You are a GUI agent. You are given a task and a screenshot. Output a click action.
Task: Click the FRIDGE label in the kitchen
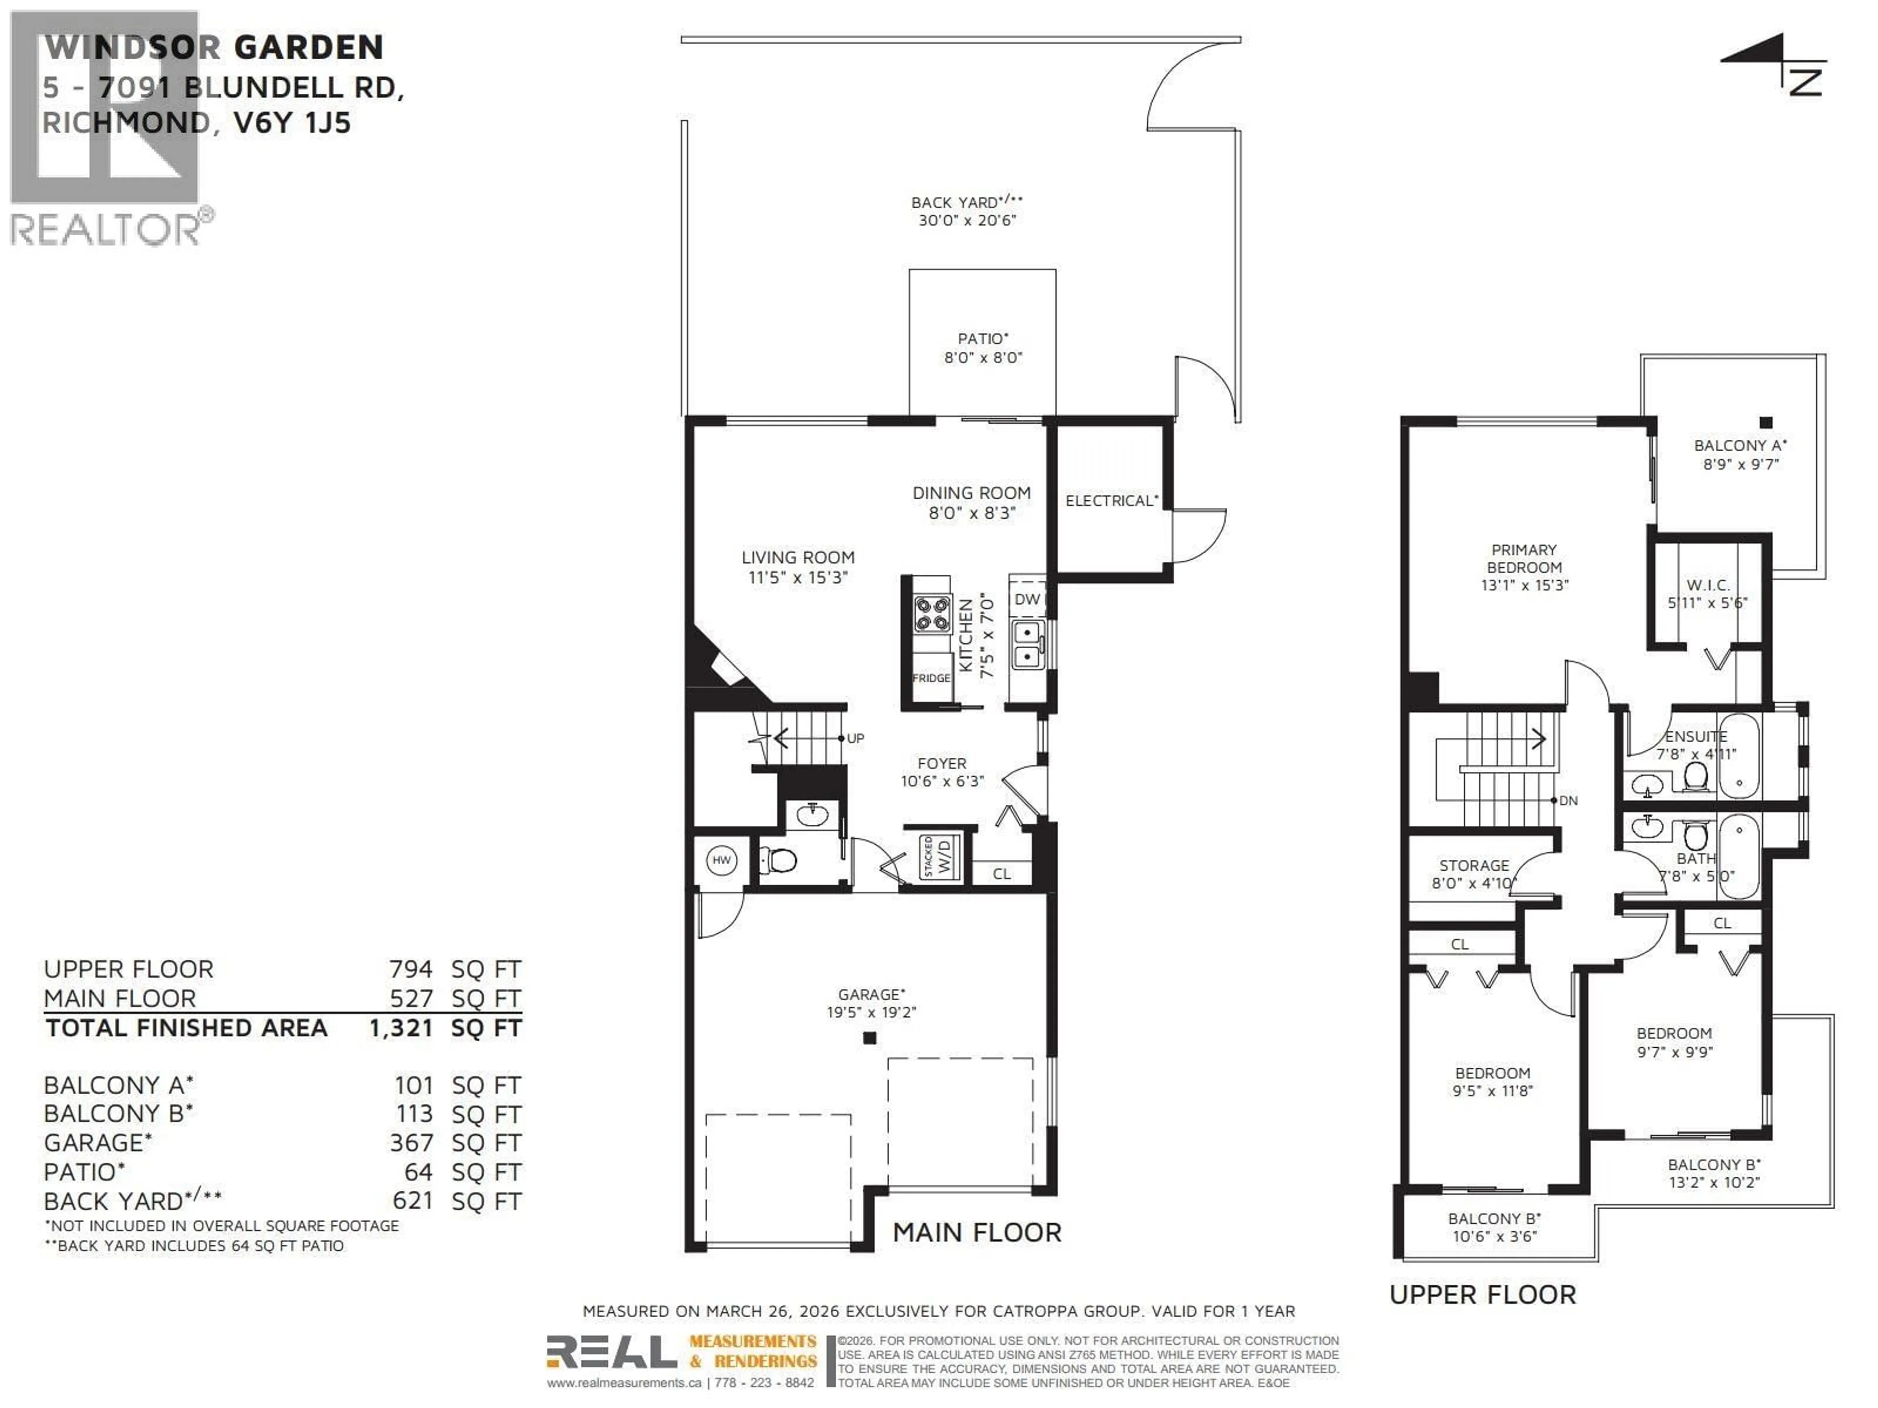coord(931,678)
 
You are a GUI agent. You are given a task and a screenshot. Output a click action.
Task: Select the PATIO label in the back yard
coord(983,339)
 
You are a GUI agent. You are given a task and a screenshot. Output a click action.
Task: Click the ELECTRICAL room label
coord(1111,501)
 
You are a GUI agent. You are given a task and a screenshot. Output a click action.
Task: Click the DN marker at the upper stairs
coord(1567,800)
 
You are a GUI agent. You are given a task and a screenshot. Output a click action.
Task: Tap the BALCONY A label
coord(1740,445)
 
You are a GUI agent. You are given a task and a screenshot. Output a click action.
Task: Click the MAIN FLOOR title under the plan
coord(976,1232)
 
